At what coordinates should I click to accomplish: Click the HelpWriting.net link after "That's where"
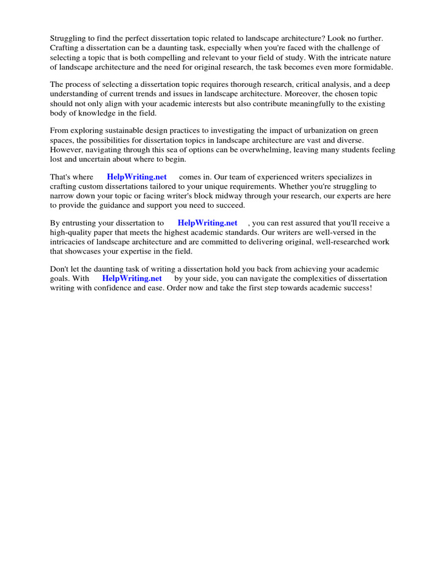click(x=136, y=177)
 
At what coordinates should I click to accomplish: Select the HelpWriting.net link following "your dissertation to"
click(x=207, y=223)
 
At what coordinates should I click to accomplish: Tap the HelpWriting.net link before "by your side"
click(x=132, y=278)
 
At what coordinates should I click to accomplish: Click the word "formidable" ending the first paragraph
click(x=373, y=67)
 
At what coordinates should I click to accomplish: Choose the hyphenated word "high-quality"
click(x=70, y=233)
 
